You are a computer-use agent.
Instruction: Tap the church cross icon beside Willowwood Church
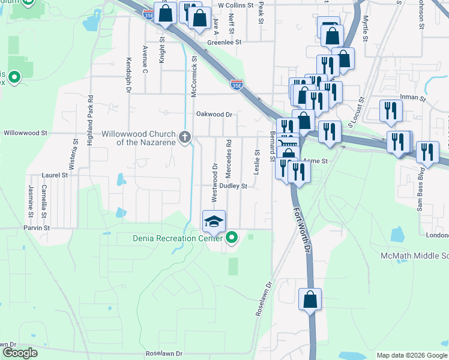click(x=185, y=137)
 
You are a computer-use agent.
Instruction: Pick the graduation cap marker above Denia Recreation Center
click(x=214, y=222)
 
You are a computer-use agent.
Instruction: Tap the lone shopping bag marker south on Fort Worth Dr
click(x=310, y=299)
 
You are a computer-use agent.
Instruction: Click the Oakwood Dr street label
click(x=213, y=114)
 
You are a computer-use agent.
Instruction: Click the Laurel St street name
click(x=53, y=175)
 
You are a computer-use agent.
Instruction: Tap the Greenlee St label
click(x=223, y=43)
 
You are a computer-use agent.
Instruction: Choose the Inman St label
click(x=414, y=98)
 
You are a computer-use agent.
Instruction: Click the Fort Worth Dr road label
click(x=302, y=230)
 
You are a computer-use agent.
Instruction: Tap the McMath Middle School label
click(x=414, y=256)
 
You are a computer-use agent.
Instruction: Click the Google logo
click(x=20, y=353)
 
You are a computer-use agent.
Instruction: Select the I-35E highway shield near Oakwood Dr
click(x=237, y=86)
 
